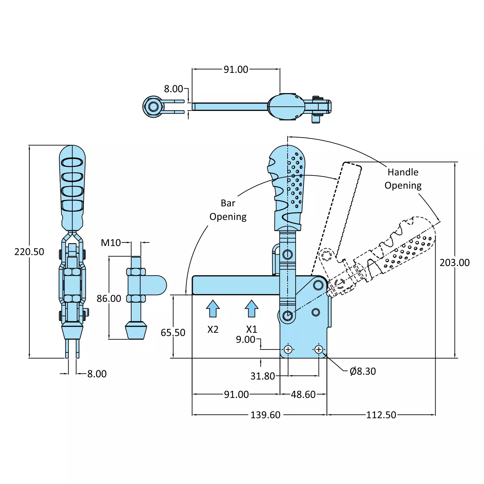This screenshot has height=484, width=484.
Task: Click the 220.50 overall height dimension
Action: tap(29, 252)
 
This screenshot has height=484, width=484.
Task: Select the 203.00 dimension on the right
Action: tap(454, 263)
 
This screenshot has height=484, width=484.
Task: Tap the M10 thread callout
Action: tap(111, 243)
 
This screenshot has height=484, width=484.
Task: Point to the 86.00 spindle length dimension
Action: tap(109, 299)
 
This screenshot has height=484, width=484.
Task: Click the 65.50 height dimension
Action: tap(173, 333)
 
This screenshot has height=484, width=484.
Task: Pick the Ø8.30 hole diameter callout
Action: tap(362, 371)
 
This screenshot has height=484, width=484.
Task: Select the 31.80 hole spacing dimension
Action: tap(262, 376)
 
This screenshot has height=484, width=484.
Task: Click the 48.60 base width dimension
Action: tap(303, 395)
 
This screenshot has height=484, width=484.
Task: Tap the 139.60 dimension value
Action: tap(265, 415)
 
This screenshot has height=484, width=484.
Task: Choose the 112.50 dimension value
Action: tap(381, 415)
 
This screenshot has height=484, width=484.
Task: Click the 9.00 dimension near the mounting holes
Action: tap(245, 340)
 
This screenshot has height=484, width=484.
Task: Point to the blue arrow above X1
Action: tap(252, 309)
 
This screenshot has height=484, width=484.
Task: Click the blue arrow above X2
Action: tap(213, 309)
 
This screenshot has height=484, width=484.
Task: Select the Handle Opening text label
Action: tap(403, 179)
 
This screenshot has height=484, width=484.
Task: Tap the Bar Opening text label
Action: tap(228, 210)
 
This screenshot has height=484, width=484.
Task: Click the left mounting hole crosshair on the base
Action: tap(288, 350)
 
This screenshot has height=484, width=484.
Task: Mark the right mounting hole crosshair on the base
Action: tap(319, 350)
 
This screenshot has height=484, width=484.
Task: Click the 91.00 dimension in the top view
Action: tap(236, 70)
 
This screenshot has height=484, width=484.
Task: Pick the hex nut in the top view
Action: tap(153, 106)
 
